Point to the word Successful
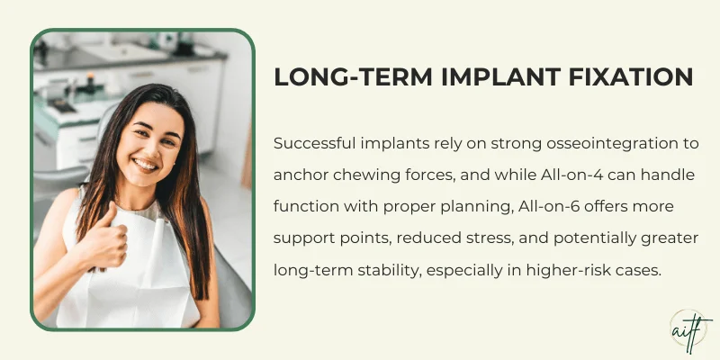pyautogui.click(x=315, y=144)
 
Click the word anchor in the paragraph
pyautogui.click(x=299, y=175)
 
